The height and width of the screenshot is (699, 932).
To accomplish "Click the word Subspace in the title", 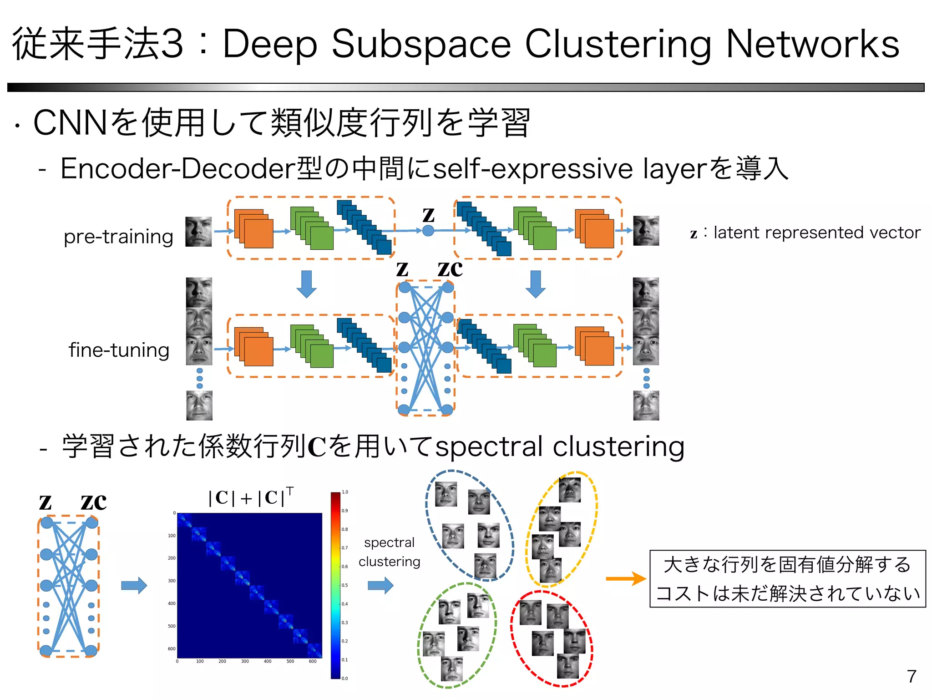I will pos(421,44).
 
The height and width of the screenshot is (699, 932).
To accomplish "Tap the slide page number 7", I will pos(911,676).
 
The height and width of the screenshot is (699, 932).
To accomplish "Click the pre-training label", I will pos(118,237).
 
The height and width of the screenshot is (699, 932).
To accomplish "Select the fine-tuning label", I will pos(119,350).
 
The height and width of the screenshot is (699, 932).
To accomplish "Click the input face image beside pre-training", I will pos(198,232).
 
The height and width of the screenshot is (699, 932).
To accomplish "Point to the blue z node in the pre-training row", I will pos(428,231).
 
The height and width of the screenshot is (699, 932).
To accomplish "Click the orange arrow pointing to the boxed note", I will pos(625,578).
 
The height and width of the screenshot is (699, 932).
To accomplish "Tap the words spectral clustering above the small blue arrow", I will pos(389,552).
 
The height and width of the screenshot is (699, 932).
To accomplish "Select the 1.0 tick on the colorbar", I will pos(345,492).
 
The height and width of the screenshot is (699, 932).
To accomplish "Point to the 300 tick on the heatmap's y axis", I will pos(172,581).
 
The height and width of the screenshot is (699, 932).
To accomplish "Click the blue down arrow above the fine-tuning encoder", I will pos(306,284).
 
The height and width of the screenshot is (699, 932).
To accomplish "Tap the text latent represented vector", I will pos(817,233).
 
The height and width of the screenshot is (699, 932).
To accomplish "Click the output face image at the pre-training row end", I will pos(646,231).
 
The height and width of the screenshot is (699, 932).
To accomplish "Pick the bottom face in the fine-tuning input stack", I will pos(199,405).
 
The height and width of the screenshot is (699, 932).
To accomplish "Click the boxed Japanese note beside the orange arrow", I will pos(787,578).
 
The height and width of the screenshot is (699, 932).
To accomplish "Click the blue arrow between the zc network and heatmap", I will pos(134,585).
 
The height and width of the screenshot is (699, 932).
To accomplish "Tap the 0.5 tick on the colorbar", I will pos(345,585).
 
